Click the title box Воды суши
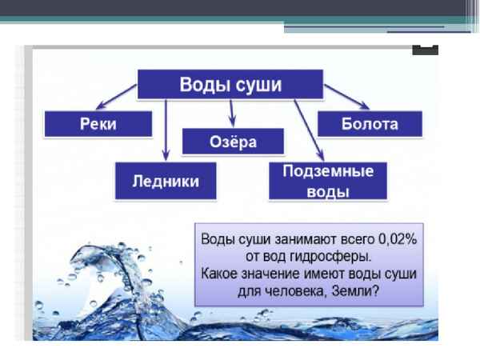coord(230,84)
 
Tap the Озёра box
coord(234,141)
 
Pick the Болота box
coord(369,125)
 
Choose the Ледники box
coord(166,182)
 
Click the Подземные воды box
coord(326,181)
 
